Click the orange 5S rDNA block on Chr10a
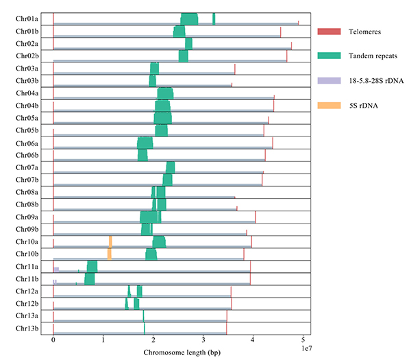[x=110, y=241]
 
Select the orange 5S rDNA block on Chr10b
[x=110, y=253]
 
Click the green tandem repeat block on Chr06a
[x=145, y=143]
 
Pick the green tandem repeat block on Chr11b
[x=90, y=278]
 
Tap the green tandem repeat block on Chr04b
[x=162, y=106]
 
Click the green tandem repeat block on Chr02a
[x=188, y=44]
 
